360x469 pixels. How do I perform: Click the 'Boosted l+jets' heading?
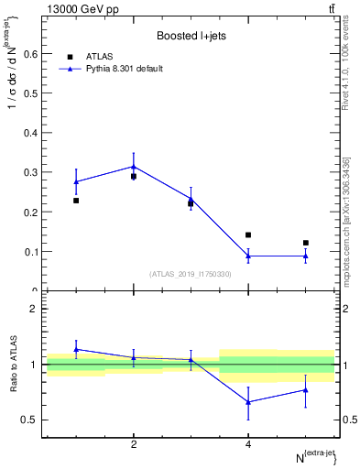click(x=191, y=37)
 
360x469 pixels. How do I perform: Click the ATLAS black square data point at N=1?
click(x=76, y=201)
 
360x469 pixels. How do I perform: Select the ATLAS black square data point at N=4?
click(x=248, y=235)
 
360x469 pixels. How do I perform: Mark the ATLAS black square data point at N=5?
click(x=306, y=243)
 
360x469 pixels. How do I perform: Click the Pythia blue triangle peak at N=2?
click(x=134, y=167)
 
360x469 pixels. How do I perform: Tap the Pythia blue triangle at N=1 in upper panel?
click(x=76, y=181)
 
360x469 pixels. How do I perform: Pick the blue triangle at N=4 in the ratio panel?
click(x=248, y=402)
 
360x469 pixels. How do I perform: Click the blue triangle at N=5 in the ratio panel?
click(x=306, y=390)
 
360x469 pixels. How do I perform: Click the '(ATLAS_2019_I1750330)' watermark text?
click(x=191, y=274)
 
